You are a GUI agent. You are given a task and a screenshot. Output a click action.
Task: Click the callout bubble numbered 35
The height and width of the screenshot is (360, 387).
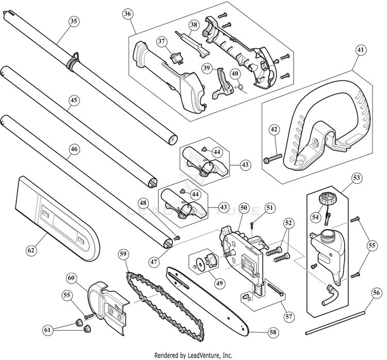(73, 21)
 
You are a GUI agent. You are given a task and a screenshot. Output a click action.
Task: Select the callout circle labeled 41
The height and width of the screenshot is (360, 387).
(360, 51)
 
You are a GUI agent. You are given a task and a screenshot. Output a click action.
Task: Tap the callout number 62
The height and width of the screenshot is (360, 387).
(32, 250)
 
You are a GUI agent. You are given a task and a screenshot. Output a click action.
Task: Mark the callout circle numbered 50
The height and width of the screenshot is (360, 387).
(243, 208)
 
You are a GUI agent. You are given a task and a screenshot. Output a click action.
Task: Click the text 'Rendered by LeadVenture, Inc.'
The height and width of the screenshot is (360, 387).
(193, 355)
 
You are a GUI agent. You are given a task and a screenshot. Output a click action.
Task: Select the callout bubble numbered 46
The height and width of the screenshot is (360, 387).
(74, 149)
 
